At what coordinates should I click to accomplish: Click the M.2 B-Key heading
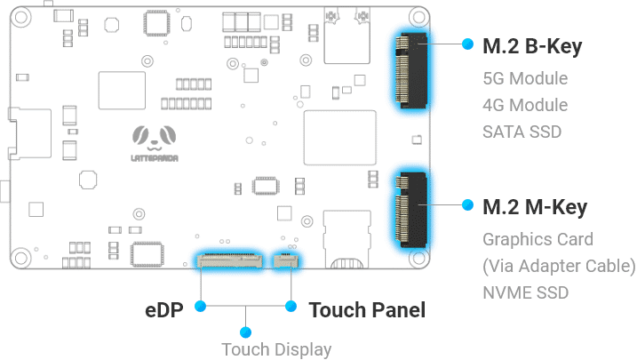point(532,47)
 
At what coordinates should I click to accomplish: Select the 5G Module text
point(524,78)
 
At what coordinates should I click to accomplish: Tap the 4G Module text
point(524,105)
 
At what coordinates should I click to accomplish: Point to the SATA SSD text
point(522,132)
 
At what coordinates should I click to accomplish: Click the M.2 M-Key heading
point(534,208)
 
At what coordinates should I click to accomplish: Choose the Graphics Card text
point(537,239)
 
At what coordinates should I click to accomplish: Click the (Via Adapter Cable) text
point(559,266)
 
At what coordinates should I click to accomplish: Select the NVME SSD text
point(525,292)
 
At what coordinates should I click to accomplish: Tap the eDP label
point(166,310)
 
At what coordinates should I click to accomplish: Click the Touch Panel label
point(366,310)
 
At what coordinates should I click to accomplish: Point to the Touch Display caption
point(276,349)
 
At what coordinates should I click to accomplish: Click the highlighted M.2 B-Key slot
point(410,70)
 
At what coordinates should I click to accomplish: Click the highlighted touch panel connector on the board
point(285,261)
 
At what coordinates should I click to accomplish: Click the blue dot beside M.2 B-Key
point(467,43)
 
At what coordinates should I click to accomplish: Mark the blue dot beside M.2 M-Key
point(467,204)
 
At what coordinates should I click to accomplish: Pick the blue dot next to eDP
point(201,307)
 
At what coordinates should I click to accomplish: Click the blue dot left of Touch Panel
point(291,307)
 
